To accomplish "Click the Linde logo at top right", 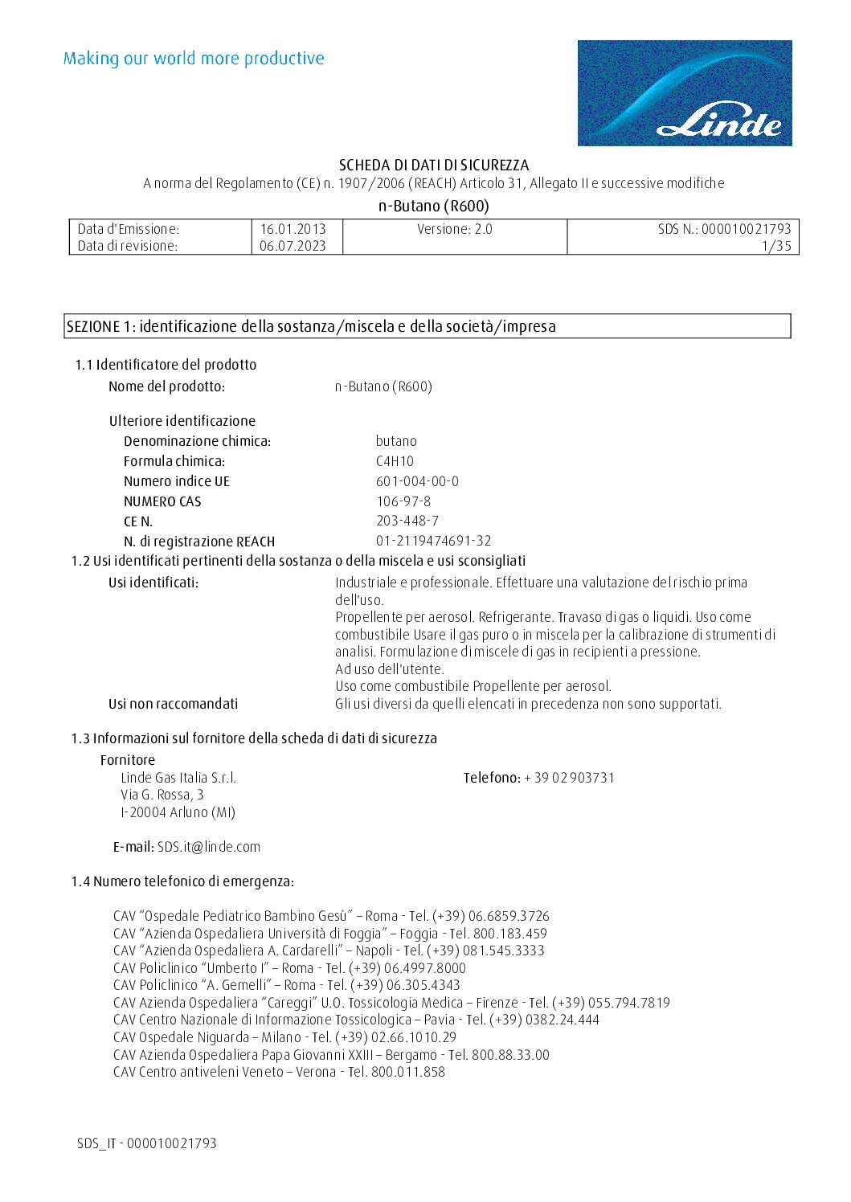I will tap(685, 93).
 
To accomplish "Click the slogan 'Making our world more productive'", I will tap(194, 59).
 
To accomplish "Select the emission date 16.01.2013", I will tap(293, 229).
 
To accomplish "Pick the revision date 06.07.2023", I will tap(293, 246).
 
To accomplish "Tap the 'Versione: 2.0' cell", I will tap(455, 229).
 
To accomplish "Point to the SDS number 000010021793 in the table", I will tap(746, 229).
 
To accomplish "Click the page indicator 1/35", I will tap(777, 246).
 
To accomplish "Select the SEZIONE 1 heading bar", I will tap(427, 326).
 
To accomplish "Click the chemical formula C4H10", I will tap(395, 461).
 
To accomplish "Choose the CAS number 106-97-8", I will tap(403, 501).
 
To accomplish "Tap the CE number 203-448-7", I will tap(407, 521).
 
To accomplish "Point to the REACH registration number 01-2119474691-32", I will tap(433, 541).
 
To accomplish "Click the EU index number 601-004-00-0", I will tap(417, 481).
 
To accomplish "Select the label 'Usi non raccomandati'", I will tap(173, 704).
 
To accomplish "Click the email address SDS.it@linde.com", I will tap(209, 847).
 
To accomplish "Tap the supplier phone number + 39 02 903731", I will tap(569, 778).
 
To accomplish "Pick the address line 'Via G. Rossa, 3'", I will tap(162, 795).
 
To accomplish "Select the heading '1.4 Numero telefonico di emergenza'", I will tap(182, 881).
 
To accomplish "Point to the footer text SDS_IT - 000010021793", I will tap(147, 1143).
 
